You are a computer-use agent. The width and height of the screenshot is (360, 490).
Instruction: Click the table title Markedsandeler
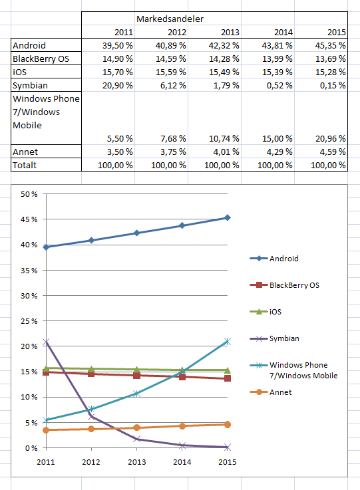(x=170, y=19)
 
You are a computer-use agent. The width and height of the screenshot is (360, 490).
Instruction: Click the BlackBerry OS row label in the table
(x=41, y=59)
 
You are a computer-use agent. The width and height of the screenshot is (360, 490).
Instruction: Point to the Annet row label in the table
(x=25, y=152)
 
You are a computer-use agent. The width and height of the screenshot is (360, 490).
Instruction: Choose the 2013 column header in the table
(x=230, y=32)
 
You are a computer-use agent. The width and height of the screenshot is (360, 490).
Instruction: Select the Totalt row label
(x=25, y=166)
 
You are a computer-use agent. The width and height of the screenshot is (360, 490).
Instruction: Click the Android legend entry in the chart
(x=274, y=259)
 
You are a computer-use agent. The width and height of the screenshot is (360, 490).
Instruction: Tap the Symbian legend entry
(x=274, y=338)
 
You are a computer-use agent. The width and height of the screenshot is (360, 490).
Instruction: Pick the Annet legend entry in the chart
(x=271, y=392)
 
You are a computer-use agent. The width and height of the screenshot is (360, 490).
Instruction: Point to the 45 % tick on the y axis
(x=29, y=219)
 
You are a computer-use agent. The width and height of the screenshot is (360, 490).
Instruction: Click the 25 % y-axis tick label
(x=29, y=321)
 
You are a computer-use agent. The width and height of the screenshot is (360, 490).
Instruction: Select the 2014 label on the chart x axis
(x=182, y=462)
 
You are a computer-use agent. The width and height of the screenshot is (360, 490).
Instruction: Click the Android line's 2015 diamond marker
(x=228, y=217)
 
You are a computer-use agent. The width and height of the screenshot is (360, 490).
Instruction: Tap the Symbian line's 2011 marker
(x=46, y=342)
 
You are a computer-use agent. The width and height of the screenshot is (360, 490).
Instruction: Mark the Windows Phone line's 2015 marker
(x=228, y=342)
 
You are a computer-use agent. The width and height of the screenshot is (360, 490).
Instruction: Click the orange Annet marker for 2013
(x=136, y=428)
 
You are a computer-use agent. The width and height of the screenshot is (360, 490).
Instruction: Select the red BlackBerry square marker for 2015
(x=228, y=378)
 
